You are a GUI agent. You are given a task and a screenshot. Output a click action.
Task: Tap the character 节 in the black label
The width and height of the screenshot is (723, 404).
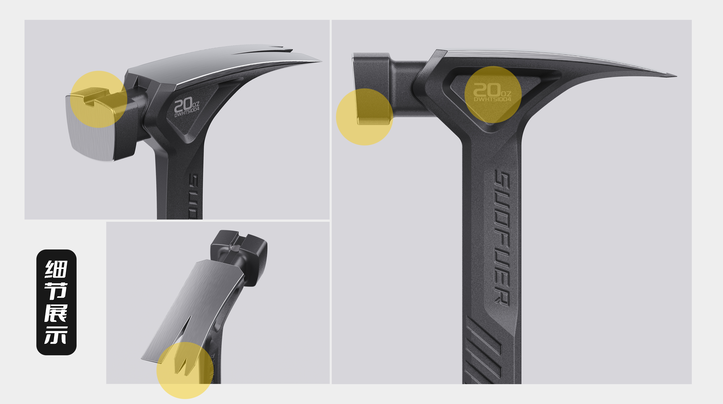point(56,291)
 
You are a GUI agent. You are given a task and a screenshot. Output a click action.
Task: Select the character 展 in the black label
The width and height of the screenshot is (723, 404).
point(56,313)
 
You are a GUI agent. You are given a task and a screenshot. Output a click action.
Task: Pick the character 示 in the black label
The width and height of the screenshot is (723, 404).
point(56,335)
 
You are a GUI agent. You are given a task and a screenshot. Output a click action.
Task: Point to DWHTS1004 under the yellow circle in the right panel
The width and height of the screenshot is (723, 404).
point(492,99)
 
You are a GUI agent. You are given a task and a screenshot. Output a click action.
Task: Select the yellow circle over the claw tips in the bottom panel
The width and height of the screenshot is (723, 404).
point(185,370)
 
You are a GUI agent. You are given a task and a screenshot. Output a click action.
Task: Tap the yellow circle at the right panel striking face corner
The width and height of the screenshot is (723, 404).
point(364,117)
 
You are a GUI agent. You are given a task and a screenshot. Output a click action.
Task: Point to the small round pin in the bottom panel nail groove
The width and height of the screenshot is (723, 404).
point(234,248)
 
